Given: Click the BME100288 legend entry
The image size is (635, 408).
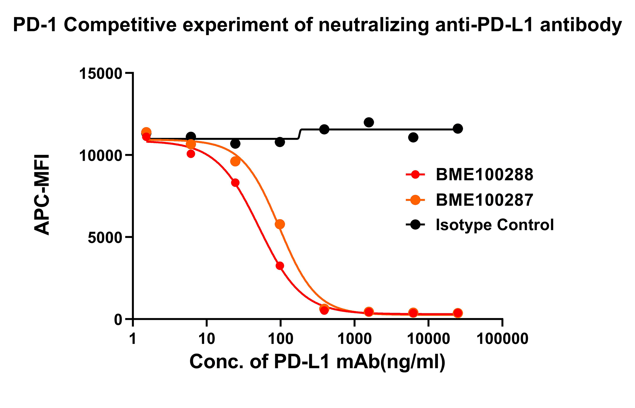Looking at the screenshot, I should coord(484,175).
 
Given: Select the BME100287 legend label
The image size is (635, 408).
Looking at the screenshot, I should coord(484,200).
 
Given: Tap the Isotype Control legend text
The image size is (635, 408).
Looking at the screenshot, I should coord(494,225).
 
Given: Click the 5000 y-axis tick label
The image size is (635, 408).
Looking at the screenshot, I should coord(105,237).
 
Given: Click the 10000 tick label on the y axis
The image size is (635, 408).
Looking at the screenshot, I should coord(100,155).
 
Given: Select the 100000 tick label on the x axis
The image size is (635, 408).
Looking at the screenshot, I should coord(503,339).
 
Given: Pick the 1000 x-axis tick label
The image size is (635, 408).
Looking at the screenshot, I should coord(354,339).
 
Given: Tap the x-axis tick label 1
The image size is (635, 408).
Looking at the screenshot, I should coord(133,339).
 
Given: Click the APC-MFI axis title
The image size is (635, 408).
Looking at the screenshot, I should coord(42,195).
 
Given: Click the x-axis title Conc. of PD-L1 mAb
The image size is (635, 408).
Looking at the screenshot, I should coord(317,362).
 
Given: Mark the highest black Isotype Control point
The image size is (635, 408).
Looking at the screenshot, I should coord(369,122).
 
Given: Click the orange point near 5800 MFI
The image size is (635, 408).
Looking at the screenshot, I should coord(280,224).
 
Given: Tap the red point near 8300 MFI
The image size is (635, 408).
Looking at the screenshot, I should coord(235,183).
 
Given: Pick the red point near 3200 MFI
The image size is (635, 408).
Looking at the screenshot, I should coord(280,266).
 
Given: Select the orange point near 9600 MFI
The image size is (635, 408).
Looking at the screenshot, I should coord(235,161).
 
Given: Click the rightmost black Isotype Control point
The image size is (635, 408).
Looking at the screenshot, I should coord(458,129).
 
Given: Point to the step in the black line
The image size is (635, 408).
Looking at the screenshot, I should coord(300,134).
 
